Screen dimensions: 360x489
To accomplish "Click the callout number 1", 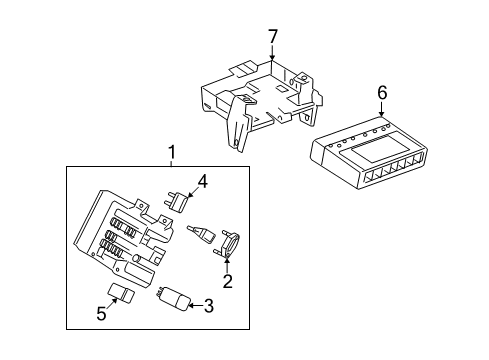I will tap(171, 152).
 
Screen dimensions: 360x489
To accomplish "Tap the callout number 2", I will tap(227, 282).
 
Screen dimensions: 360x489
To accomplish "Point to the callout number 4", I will tap(202, 182).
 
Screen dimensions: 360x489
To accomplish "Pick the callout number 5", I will tap(100, 314).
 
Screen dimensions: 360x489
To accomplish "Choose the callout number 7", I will tap(271, 37).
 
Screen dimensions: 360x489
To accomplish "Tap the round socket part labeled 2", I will tap(226, 243).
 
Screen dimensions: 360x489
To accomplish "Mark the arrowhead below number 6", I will tap(381, 112).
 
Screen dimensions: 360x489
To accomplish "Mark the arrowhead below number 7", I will tap(271, 58).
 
